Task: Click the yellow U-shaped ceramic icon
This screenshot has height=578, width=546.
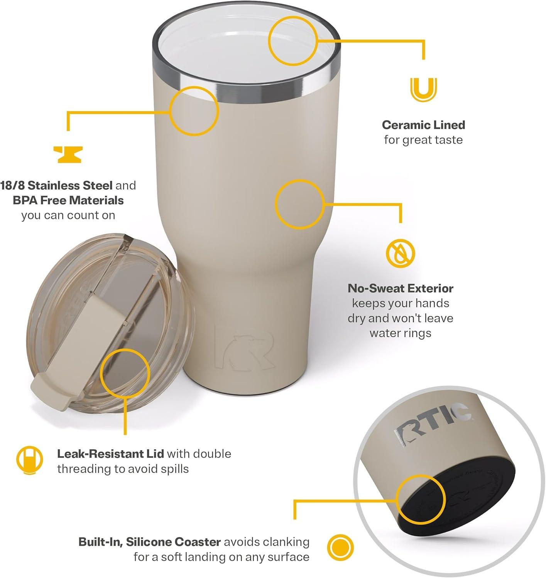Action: click(423, 89)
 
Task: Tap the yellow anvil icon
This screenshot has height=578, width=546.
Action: click(68, 154)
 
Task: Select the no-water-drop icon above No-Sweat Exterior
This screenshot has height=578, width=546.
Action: click(401, 254)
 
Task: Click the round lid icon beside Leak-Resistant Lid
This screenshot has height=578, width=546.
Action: click(29, 460)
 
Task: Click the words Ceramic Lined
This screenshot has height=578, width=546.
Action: click(423, 125)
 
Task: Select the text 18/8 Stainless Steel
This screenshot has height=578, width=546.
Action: click(56, 185)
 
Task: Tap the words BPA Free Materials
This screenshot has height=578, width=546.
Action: click(68, 200)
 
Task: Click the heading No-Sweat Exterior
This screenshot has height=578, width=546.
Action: click(400, 288)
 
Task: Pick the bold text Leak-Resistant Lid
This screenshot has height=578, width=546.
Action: click(110, 454)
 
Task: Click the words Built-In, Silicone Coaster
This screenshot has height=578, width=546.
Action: click(149, 542)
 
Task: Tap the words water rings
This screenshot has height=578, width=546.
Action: click(400, 333)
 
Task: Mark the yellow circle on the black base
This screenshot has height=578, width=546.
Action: click(421, 499)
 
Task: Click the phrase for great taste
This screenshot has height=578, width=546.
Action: click(423, 139)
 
